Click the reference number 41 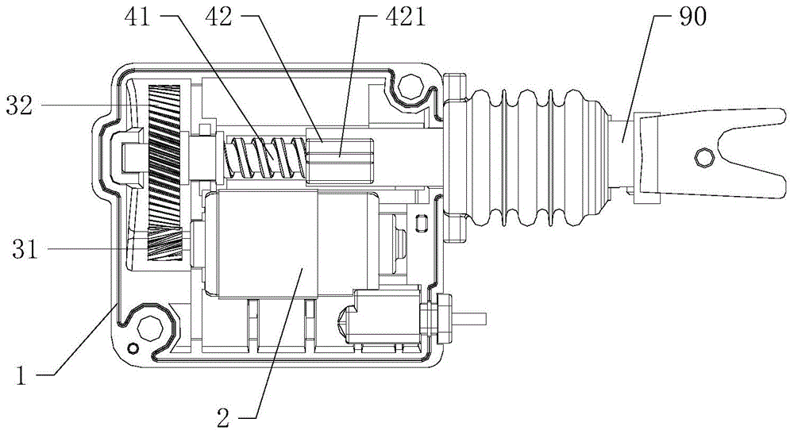click(x=137, y=17)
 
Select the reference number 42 click(x=218, y=17)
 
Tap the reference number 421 click(x=405, y=17)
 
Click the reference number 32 click(x=20, y=106)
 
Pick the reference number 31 click(x=25, y=249)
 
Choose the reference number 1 click(x=21, y=376)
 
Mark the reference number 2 click(x=224, y=418)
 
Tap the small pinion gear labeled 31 click(x=164, y=244)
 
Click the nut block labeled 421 click(x=340, y=159)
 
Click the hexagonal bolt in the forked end click(x=704, y=158)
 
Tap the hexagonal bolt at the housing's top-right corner click(x=410, y=86)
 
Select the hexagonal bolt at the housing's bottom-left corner click(x=150, y=328)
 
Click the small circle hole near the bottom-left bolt click(x=133, y=348)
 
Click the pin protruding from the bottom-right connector click(x=471, y=318)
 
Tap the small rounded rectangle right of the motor click(x=419, y=223)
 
